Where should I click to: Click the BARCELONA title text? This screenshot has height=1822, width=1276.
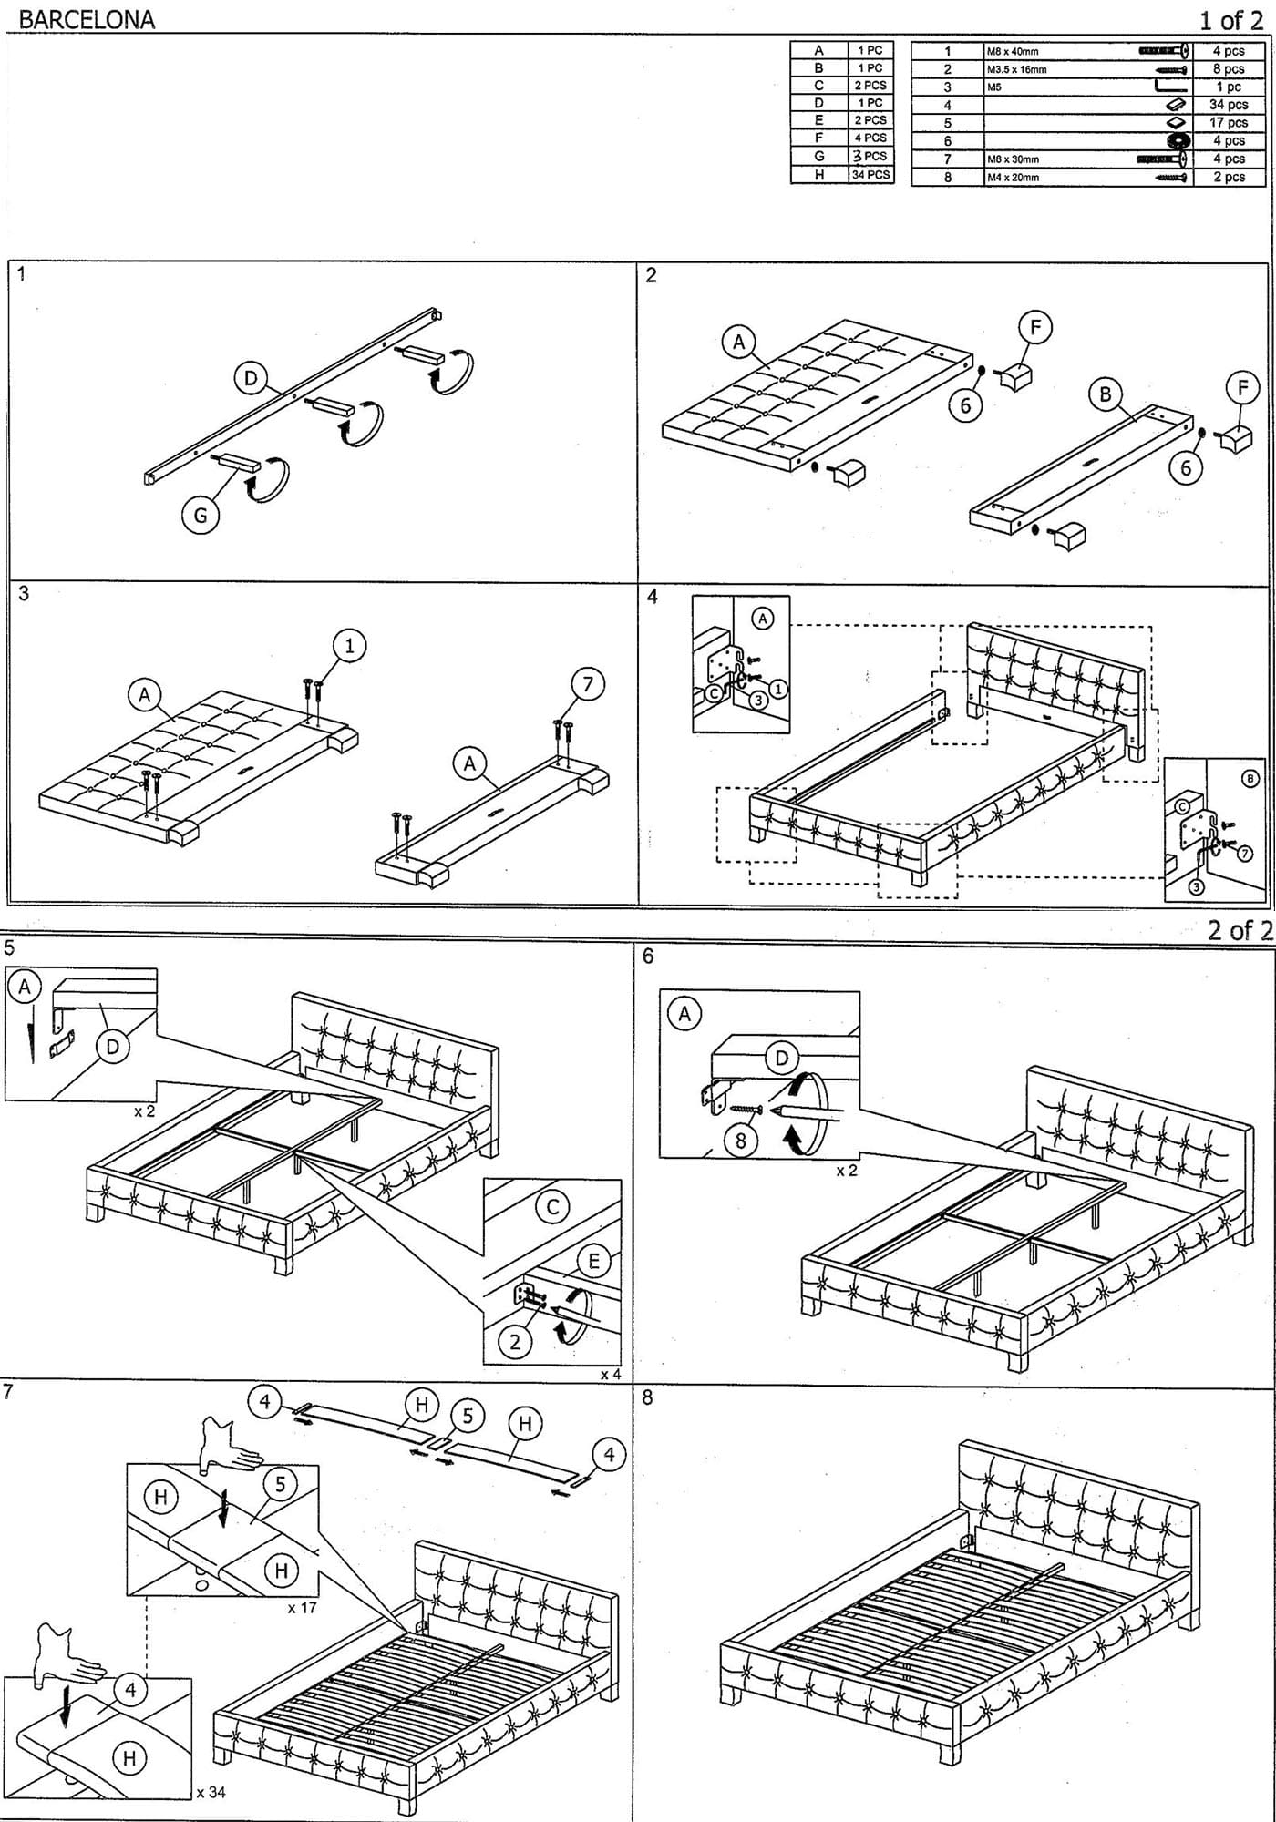pos(87,19)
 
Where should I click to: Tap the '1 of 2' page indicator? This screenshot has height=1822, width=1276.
pos(1230,19)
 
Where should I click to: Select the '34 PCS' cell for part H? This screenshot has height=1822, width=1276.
pos(870,174)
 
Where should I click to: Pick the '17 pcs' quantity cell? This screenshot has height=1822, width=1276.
pos(1228,122)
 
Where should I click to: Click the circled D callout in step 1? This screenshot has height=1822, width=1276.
pos(251,378)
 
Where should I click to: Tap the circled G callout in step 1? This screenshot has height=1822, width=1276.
pos(201,516)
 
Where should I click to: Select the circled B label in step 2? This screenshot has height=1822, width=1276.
pos(1106,394)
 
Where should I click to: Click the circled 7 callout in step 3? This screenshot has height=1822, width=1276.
pos(588,684)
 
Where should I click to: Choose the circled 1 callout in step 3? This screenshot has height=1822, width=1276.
pos(349,646)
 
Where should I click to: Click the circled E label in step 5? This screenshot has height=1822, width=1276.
pos(594,1261)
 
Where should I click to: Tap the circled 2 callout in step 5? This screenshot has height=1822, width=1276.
pos(515,1342)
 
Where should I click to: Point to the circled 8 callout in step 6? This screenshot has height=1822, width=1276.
pos(741,1140)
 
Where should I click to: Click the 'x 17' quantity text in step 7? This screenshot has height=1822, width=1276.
pos(302,1608)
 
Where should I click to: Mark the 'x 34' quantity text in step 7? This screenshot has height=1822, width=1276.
pos(211,1792)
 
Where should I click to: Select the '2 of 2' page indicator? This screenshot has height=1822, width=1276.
pos(1239,930)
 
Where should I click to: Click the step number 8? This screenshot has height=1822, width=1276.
pos(647,1398)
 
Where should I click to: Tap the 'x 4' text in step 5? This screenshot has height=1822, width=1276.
pos(610,1374)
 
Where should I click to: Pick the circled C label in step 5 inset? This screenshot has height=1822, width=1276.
pos(552,1207)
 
